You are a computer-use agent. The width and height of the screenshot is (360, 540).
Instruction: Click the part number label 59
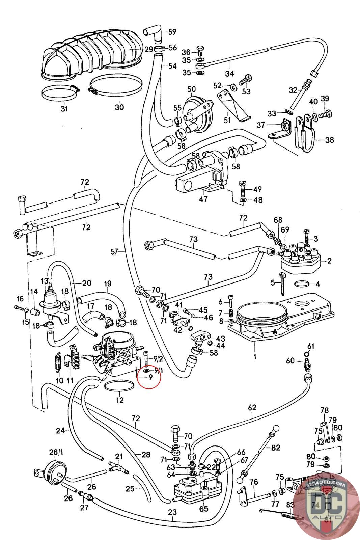pyautogui.click(x=172, y=32)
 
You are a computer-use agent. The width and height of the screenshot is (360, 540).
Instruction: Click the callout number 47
pyautogui.click(x=203, y=199)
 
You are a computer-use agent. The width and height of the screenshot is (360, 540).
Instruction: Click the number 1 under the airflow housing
pyautogui.click(x=255, y=356)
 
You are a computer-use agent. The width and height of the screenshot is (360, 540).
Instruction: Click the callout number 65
pyautogui.click(x=204, y=509)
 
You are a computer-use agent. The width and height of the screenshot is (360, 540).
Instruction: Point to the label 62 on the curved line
pyautogui.click(x=252, y=407)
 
